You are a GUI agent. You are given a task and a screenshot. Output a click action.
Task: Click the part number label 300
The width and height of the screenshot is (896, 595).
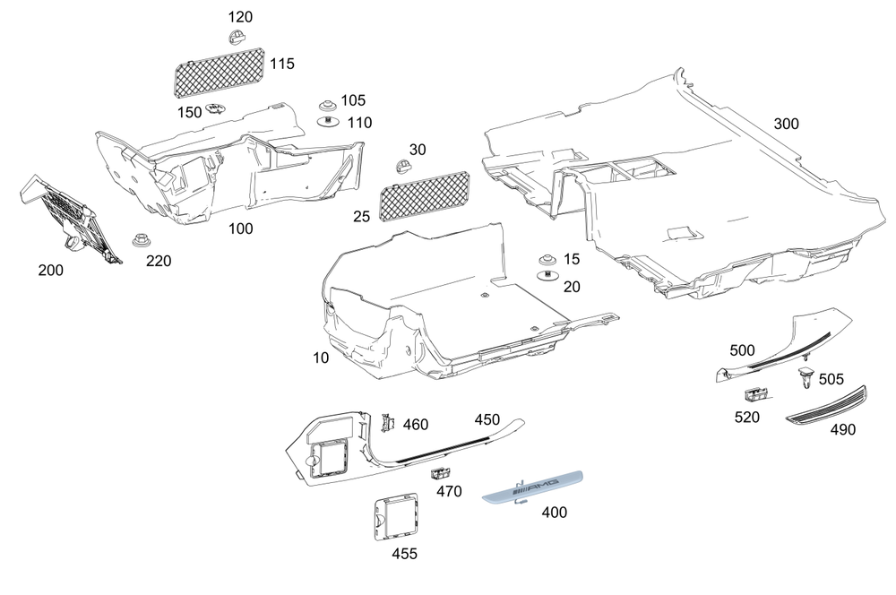click(x=786, y=124)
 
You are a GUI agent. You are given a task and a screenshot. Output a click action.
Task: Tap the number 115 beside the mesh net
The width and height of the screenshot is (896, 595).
click(x=281, y=65)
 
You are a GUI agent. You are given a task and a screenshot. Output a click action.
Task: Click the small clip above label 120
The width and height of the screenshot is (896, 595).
click(x=236, y=38)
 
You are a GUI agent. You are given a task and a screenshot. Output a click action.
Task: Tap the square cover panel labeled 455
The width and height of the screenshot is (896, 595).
click(x=395, y=516)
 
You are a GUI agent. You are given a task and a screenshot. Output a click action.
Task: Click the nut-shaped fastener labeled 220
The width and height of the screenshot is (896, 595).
click(x=140, y=241)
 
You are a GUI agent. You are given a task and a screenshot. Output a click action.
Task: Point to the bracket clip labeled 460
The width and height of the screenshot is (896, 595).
click(x=388, y=422)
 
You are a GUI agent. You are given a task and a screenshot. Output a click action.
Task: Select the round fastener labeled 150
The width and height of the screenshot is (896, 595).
click(x=215, y=110)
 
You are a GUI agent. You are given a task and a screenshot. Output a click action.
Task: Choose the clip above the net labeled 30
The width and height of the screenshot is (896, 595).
click(x=402, y=167)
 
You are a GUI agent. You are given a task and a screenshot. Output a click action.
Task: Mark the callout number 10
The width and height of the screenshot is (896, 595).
click(x=321, y=358)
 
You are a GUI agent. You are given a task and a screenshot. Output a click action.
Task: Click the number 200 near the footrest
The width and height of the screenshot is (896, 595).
click(x=50, y=270)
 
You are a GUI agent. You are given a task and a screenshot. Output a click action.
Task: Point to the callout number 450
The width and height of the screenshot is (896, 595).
click(x=487, y=419)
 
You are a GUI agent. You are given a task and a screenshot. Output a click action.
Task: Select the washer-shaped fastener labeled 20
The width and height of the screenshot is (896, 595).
click(x=546, y=274)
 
